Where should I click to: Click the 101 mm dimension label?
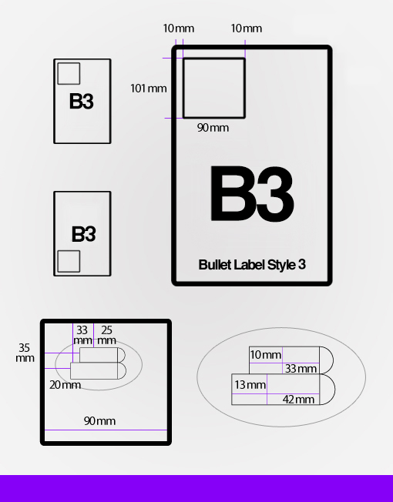pos(148,89)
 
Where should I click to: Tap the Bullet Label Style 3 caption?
pos(252,265)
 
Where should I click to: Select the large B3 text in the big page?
pos(252,193)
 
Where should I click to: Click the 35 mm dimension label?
pos(25,353)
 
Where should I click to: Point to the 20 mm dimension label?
pos(65,385)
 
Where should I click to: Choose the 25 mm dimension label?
pos(106,335)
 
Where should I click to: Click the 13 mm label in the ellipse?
pos(250,384)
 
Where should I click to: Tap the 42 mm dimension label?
pos(298,400)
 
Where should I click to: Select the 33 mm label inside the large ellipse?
pos(301,369)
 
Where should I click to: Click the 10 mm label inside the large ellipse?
pos(266,355)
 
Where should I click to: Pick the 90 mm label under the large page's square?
pos(213,128)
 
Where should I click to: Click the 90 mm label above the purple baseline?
pos(99,420)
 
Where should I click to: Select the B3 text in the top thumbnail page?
pos(82,101)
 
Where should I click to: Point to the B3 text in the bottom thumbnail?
pos(83,234)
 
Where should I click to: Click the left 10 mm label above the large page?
pos(179,28)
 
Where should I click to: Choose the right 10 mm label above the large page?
pos(247,28)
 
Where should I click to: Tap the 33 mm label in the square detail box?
pos(82,335)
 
